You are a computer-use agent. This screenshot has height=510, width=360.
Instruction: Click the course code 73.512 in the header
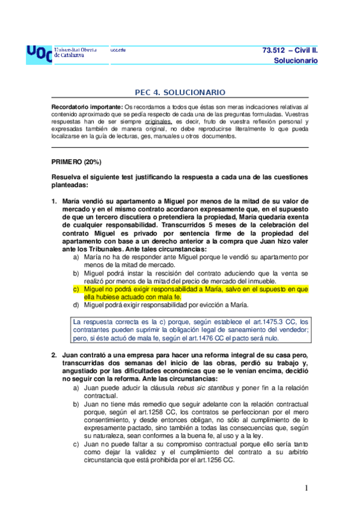pyautogui.click(x=278, y=50)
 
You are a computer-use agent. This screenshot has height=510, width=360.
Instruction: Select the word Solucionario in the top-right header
pyautogui.click(x=295, y=61)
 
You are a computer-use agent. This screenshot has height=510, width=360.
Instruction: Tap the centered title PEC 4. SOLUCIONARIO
pyautogui.click(x=180, y=93)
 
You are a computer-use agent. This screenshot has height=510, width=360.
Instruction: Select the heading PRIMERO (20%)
pyautogui.click(x=76, y=162)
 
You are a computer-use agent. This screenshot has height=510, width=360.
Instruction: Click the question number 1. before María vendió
pyautogui.click(x=54, y=201)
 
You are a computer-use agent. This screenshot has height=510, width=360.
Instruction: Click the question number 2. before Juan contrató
pyautogui.click(x=54, y=355)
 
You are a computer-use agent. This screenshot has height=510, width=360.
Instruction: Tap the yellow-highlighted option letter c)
pyautogui.click(x=76, y=289)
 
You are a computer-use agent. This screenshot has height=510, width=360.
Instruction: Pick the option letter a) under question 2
pyautogui.click(x=76, y=389)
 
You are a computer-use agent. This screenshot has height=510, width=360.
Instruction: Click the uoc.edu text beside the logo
pyautogui.click(x=118, y=50)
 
